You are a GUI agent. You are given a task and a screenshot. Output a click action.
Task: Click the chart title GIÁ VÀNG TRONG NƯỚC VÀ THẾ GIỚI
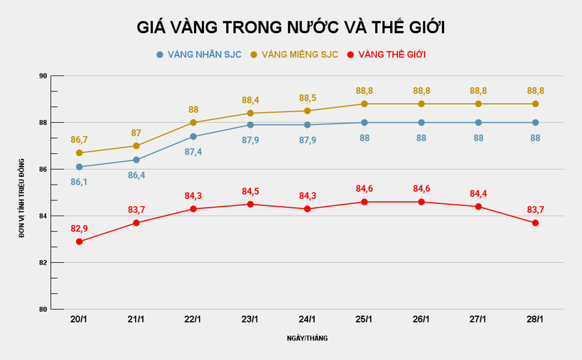(x=291, y=27)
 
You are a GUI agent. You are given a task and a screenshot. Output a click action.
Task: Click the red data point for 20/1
(x=79, y=241)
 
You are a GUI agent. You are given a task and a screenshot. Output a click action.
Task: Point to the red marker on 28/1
(x=535, y=223)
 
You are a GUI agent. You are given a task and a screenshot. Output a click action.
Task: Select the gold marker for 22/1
(x=193, y=122)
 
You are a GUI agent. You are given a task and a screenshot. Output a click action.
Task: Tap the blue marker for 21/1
(x=137, y=160)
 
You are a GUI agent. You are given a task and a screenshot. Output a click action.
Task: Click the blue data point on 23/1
(x=250, y=125)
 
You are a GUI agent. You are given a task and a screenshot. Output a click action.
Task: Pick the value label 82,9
(x=79, y=229)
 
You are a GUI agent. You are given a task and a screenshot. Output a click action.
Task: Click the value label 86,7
(x=79, y=139)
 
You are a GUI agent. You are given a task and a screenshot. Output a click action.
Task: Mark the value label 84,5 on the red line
(x=250, y=191)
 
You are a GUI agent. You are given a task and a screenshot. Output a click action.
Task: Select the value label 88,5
(x=308, y=98)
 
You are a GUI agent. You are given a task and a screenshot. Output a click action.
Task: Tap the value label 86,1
(x=79, y=182)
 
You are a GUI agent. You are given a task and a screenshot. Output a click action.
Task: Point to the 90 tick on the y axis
(x=42, y=76)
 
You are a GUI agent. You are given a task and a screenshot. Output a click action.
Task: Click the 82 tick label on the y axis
(x=42, y=263)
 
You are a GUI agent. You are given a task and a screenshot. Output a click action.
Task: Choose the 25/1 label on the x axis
(x=364, y=319)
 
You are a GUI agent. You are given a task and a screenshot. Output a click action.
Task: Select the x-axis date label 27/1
(x=478, y=319)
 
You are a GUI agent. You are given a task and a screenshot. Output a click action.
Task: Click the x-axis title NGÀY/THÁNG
(x=308, y=338)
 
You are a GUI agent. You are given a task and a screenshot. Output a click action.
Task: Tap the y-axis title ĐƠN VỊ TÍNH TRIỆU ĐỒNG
(x=22, y=193)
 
